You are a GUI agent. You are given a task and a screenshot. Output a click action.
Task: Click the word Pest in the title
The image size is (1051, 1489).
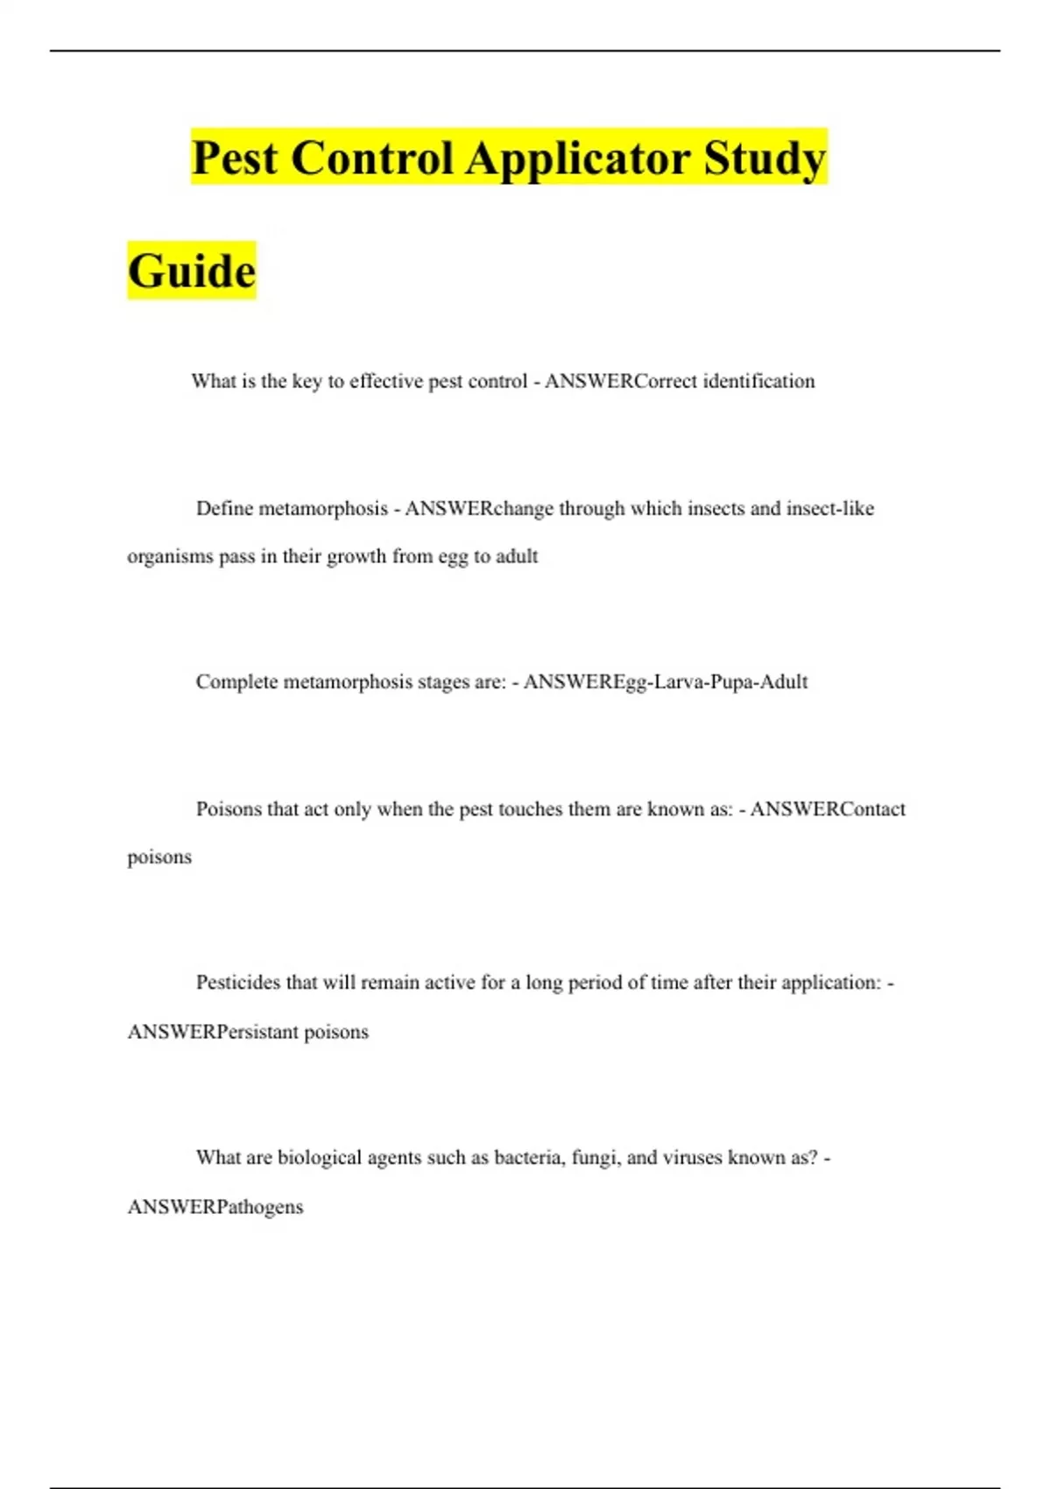click(x=235, y=159)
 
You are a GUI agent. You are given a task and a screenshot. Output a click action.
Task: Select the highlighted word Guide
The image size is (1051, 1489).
click(x=192, y=271)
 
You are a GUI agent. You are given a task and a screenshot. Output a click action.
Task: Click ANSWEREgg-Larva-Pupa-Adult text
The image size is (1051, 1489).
click(x=665, y=681)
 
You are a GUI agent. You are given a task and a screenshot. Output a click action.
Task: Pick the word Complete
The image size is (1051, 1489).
click(x=236, y=681)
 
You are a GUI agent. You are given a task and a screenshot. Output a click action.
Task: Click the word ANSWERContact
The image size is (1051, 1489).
click(x=828, y=808)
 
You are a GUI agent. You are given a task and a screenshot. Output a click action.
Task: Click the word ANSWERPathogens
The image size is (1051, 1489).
click(x=215, y=1207)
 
